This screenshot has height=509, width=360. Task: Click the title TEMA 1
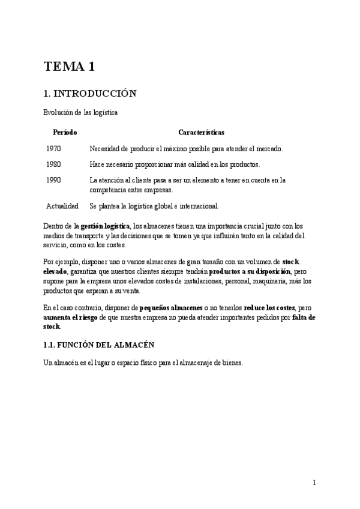pos(69,67)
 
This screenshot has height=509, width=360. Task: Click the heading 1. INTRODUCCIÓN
pos(91,94)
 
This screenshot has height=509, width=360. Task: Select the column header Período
pos(64,132)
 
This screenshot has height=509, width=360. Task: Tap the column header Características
pos(202,132)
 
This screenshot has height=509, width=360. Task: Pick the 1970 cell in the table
pos(53,148)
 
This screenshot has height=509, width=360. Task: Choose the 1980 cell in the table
pos(53,164)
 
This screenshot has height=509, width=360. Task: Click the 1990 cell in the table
pos(53,179)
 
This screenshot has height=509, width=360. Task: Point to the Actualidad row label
pos(62,206)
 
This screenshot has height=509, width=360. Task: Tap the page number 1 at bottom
pos(314,482)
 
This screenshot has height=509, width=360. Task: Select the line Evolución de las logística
pos(80,112)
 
